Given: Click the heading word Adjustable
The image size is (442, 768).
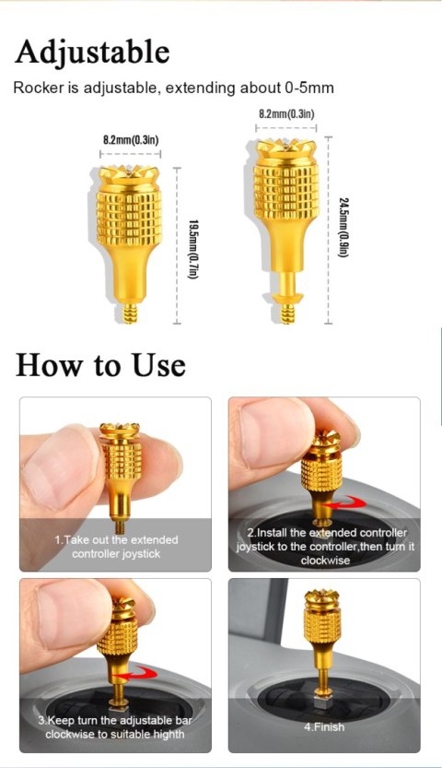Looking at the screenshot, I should (x=92, y=52).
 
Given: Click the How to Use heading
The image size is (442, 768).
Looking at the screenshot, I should (x=100, y=365).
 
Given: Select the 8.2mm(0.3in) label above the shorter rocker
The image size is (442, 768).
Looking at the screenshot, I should (x=129, y=139).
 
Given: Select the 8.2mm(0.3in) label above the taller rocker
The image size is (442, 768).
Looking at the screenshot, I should (x=286, y=113).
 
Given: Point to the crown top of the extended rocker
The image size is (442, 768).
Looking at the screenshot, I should (x=286, y=148).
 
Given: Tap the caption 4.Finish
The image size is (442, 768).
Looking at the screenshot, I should (x=323, y=727).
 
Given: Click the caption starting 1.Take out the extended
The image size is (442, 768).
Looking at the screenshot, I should (x=116, y=546).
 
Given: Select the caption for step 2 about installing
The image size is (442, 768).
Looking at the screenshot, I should (x=324, y=546).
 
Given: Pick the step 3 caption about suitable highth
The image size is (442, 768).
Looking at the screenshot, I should (x=116, y=727).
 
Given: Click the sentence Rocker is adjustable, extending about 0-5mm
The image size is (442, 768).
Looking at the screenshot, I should (x=173, y=89).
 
